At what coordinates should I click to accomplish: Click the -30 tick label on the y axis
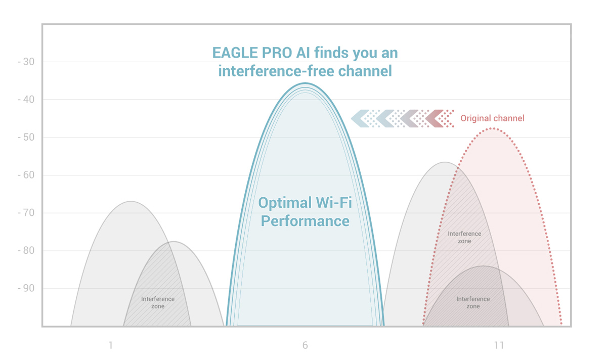coord(25,62)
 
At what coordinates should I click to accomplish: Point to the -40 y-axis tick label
coord(25,100)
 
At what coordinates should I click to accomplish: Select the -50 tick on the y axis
coord(25,138)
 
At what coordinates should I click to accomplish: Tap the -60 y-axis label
coord(25,175)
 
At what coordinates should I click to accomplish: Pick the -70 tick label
coord(25,213)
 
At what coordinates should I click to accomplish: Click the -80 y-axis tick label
coord(25,251)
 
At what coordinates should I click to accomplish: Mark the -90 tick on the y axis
coord(25,289)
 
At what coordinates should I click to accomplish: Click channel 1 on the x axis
coord(110,346)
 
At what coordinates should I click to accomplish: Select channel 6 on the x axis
coord(305,346)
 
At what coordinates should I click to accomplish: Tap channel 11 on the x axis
coord(499,346)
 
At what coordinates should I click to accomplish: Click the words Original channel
coord(492,118)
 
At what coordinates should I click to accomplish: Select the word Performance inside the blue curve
coord(305,221)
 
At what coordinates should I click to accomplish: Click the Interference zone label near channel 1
coord(158,302)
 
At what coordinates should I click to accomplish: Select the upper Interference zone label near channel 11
coord(464,237)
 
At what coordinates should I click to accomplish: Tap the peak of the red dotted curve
coord(492,128)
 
